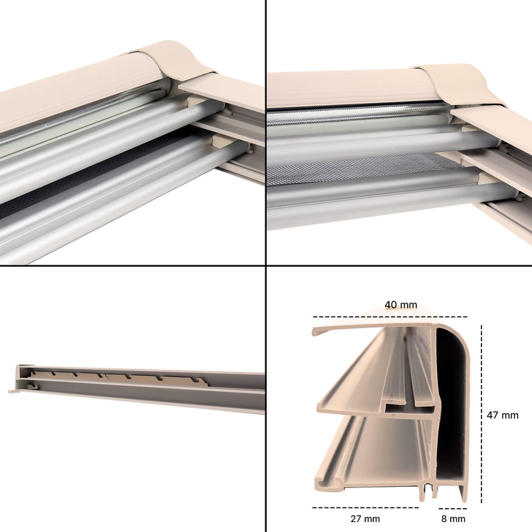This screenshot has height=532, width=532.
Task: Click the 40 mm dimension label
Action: [401, 305]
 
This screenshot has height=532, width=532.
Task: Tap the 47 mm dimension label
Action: [503, 415]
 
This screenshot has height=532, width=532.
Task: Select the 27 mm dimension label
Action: [365, 519]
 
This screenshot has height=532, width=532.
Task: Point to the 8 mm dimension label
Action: [454, 519]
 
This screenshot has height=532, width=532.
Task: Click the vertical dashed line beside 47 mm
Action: [481, 414]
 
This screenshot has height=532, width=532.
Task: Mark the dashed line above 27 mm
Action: [365, 507]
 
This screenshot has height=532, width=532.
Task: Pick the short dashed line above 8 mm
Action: [453, 508]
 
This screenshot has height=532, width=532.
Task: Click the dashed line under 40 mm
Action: [390, 317]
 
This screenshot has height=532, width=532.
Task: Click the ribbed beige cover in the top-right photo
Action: [350, 88]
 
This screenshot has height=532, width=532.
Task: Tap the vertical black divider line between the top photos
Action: [265, 132]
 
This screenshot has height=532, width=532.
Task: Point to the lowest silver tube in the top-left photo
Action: [112, 207]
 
